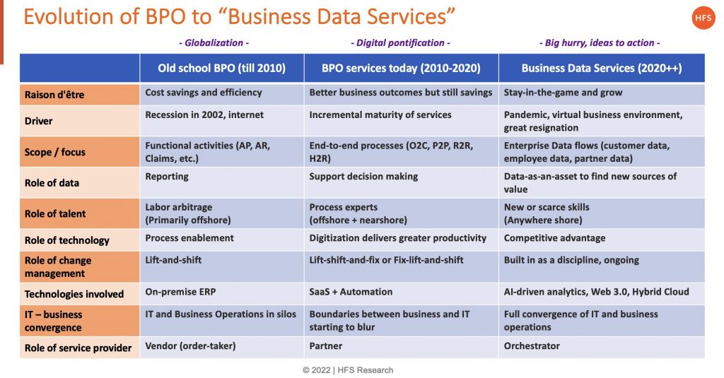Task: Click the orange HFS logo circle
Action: (x=703, y=18)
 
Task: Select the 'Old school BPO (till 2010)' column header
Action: (x=221, y=69)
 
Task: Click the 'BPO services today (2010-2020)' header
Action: (x=401, y=69)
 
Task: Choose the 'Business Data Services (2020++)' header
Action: (x=601, y=69)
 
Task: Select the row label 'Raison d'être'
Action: (x=54, y=94)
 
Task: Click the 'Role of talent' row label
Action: (x=56, y=214)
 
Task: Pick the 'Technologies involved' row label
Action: (x=74, y=294)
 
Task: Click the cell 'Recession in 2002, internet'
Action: (x=204, y=114)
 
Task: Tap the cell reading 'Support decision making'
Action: (x=363, y=176)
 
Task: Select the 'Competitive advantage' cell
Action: (x=554, y=238)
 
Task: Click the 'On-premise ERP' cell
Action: (x=180, y=291)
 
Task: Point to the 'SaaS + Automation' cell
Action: (x=351, y=291)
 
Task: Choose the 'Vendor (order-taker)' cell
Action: (x=190, y=346)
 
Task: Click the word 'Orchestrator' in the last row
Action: (x=532, y=346)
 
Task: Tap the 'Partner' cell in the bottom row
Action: (x=325, y=346)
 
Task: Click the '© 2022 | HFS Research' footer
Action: (x=348, y=370)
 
